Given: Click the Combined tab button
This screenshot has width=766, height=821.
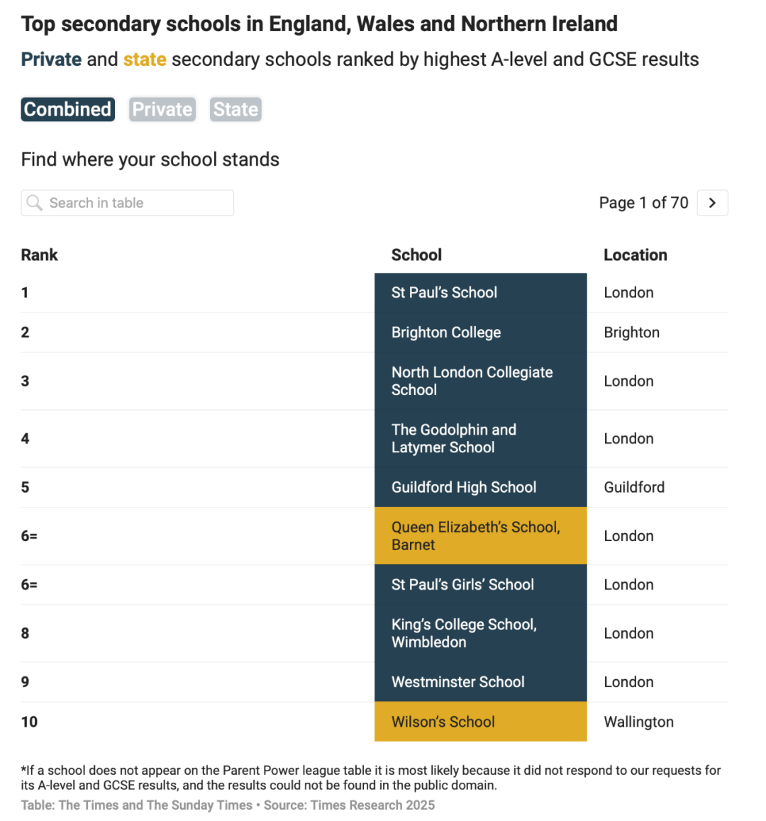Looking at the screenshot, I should coord(67,109).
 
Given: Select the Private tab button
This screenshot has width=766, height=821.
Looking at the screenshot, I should coord(162,109).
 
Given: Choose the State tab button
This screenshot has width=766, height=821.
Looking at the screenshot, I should coord(235,109).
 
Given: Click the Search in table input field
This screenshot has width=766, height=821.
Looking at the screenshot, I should coord(135,203).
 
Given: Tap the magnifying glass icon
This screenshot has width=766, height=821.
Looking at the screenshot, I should coord(34,203).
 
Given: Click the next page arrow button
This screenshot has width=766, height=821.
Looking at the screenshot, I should coord(712,203).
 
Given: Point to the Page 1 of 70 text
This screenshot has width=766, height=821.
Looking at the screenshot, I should coord(643,203).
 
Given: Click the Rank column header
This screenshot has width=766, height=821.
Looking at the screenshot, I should coord(40,255).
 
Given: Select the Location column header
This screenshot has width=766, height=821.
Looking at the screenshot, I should coord(635,255).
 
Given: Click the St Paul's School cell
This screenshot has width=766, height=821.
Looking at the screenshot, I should coord(480,293).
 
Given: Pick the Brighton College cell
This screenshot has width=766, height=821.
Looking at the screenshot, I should coord(480,333).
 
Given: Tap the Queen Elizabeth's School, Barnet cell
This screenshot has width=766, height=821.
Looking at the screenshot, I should coord(480,536).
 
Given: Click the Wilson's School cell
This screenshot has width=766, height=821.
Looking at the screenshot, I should coord(480,722).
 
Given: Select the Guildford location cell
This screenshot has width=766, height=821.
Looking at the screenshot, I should coord(634,487).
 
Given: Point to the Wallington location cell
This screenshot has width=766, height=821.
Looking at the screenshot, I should coord(638,722).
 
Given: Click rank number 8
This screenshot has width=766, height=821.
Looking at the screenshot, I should coord(26,633).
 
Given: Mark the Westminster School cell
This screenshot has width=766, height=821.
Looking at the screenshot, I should coord(480,682).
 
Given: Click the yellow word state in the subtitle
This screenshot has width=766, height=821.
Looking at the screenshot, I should coord(145,60).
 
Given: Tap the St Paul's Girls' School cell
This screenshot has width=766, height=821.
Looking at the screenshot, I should coord(480,585).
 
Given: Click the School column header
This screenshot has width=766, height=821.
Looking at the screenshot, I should coord(416,255).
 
